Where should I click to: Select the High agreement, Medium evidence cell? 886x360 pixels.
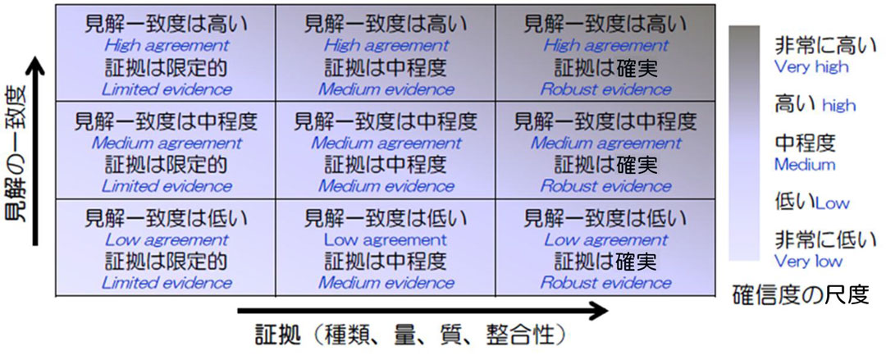click(x=386, y=53)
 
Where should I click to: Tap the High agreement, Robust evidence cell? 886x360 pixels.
click(x=605, y=53)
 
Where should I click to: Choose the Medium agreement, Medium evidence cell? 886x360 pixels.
click(x=386, y=152)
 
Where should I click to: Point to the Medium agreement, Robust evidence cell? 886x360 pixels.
click(x=605, y=152)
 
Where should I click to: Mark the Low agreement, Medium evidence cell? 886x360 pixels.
click(x=386, y=248)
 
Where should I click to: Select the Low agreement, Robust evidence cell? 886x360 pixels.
click(x=605, y=248)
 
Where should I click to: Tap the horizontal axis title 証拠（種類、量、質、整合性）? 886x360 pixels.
click(x=409, y=337)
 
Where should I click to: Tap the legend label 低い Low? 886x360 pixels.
click(x=812, y=201)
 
